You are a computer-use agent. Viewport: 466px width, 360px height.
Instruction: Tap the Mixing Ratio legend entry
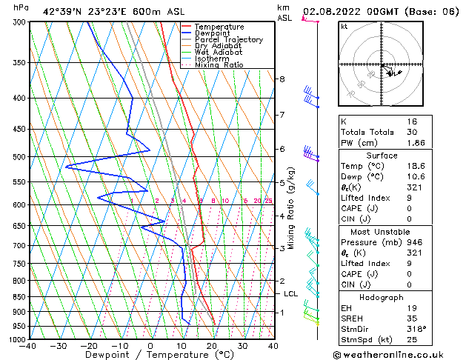point(220,65)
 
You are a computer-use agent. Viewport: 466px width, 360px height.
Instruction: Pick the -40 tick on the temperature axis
point(28,346)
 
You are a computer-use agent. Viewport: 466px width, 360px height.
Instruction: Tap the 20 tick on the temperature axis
point(212,346)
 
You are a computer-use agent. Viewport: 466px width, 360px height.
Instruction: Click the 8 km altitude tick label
point(282,79)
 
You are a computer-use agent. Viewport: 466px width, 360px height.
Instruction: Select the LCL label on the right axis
point(291,294)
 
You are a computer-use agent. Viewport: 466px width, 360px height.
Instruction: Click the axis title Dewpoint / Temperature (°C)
point(150,355)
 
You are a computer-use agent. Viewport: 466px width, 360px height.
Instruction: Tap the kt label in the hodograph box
point(344,26)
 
